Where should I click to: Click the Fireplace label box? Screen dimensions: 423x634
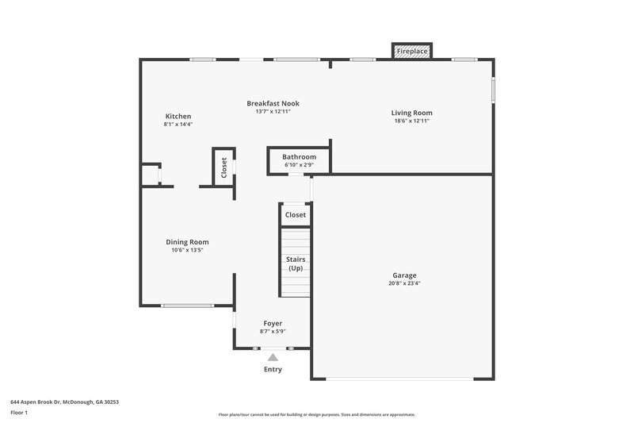[412, 52]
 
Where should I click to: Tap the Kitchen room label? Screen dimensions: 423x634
[178, 116]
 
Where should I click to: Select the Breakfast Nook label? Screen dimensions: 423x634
[273, 103]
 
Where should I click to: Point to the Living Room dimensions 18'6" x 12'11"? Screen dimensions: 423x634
[412, 122]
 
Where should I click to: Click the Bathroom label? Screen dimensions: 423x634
[299, 157]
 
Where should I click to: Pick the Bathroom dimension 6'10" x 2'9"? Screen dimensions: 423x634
[299, 166]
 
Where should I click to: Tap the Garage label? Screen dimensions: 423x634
[404, 275]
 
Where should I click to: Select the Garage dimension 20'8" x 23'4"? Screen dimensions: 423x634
[404, 283]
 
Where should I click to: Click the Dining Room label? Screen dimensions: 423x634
[187, 242]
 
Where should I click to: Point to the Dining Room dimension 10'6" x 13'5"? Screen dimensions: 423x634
[187, 251]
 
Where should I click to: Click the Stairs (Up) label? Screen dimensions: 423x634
[296, 263]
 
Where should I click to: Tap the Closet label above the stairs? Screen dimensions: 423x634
[296, 215]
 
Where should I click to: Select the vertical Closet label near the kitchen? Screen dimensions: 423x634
[223, 167]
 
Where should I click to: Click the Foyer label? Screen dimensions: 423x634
[273, 323]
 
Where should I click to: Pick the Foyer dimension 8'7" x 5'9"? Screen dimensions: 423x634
[273, 332]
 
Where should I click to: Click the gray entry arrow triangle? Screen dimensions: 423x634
[273, 358]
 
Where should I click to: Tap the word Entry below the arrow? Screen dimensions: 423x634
[273, 369]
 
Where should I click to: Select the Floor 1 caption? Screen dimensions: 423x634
[19, 413]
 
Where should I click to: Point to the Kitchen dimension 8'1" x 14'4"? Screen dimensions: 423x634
[178, 125]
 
